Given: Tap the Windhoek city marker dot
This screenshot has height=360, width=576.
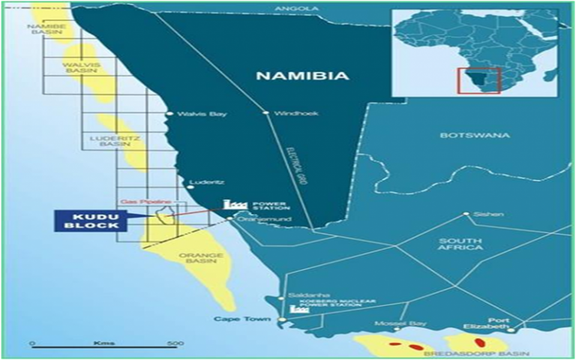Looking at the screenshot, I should [x=265, y=113].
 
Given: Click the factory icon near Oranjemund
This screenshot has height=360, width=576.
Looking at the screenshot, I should [x=235, y=204].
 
